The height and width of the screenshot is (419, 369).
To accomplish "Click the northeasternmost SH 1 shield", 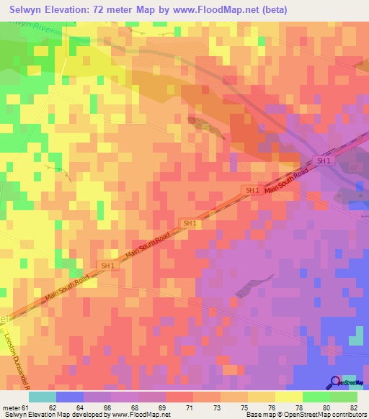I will (x=325, y=161).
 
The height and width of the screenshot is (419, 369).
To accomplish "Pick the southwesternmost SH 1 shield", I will (x=108, y=266).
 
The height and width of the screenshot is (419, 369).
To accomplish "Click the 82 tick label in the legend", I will (x=354, y=407).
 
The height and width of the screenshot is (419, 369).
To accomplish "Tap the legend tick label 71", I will (x=190, y=407).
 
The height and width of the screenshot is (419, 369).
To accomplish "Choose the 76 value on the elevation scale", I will (x=272, y=407).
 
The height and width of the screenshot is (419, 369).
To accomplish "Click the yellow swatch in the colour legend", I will (x=289, y=397).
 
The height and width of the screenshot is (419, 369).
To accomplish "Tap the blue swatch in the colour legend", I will (x=70, y=397).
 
